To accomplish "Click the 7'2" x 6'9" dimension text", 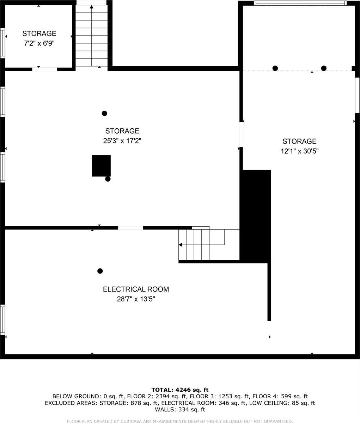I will pos(39,43).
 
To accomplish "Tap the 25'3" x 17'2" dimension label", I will pos(122,141).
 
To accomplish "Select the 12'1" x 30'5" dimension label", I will pos(299,151).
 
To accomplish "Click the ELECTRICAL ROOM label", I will pos(136,289).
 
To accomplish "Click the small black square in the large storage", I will pos(101,165).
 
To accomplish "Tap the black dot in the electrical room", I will pos(100,271).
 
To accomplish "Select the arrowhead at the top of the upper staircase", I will pos(92,6).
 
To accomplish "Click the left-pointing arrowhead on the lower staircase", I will pos(181,245).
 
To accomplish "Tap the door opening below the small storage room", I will pos(45,69).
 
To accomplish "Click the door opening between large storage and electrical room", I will pos(130,228).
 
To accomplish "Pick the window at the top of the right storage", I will pos(300,4).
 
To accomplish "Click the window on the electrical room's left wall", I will pos(2,320).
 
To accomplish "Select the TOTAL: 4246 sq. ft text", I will pos(180,390).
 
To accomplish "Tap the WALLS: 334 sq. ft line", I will pos(180,410).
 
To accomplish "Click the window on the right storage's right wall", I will pos(357,95).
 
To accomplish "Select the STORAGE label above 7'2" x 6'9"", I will pos(39,33).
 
